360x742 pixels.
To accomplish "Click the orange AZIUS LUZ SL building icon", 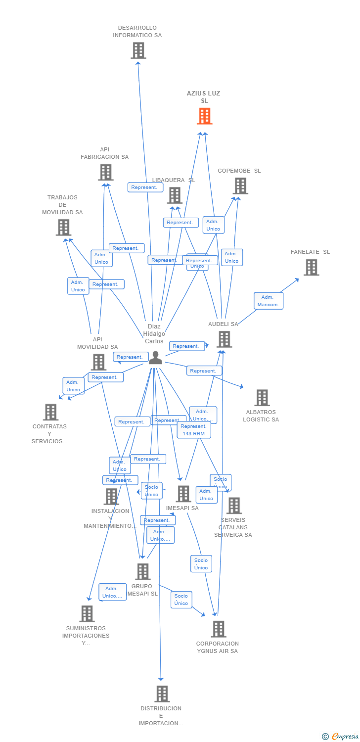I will (205, 116).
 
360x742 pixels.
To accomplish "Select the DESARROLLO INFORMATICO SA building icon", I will (138, 50).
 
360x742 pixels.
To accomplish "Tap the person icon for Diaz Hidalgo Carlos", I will (155, 358).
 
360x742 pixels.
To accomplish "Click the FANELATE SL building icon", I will (311, 267).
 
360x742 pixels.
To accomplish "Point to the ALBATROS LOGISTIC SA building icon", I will (262, 398).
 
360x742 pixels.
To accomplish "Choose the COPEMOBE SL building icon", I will (240, 186).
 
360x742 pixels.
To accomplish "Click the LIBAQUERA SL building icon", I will (175, 195).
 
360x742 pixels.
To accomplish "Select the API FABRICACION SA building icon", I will (105, 173).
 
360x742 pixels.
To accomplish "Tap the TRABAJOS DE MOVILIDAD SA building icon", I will (63, 228).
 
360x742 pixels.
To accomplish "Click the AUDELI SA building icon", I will (224, 339).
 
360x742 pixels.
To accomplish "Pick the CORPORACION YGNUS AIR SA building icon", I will (218, 629).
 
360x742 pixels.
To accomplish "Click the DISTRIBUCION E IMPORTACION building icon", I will (162, 694).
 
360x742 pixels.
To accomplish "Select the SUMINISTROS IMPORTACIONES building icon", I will (87, 614).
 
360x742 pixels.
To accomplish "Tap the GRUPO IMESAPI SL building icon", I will (142, 572).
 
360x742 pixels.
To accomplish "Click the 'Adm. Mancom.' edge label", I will (269, 301).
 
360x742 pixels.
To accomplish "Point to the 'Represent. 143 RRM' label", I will (194, 430).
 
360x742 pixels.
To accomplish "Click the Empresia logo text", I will (345, 737).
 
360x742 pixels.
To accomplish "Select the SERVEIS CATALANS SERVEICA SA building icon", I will (234, 506).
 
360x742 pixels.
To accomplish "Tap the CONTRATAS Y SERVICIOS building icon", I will (50, 412).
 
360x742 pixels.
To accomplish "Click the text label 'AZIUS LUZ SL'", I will (204, 97).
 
